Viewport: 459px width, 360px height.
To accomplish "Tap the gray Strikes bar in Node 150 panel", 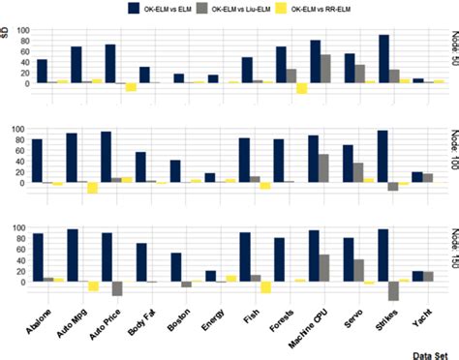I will point(394,291).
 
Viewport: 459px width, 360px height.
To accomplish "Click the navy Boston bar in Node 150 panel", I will point(177,267).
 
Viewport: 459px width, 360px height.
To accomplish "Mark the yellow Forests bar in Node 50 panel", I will point(302,89).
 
